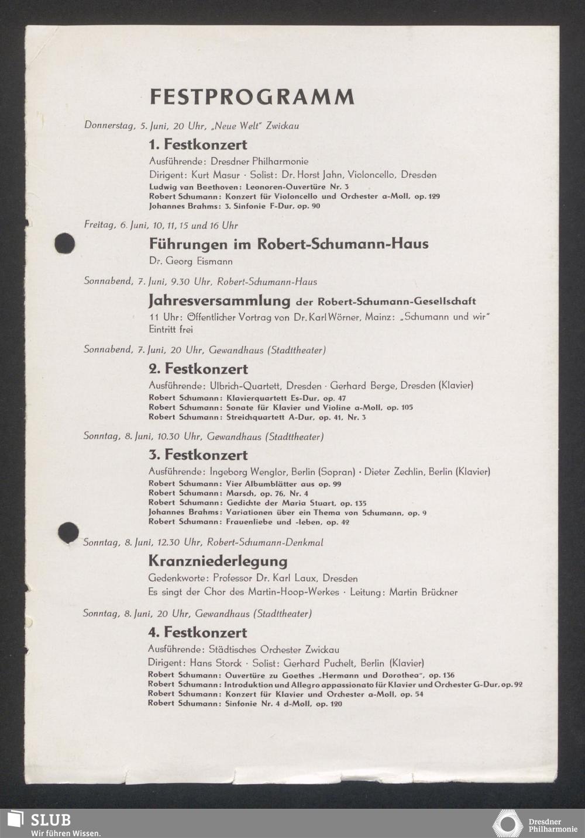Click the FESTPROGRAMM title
coord(252,96)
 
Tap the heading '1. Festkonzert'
coord(198,144)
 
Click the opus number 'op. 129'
coord(427,196)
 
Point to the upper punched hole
coord(64,243)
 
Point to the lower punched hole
coord(68,532)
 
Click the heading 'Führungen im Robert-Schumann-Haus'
coord(288,244)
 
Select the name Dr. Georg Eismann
coord(191,261)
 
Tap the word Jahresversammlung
coord(219,301)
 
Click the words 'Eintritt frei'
coord(171,329)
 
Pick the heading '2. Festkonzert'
coord(198,369)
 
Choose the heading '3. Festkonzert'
coord(198,455)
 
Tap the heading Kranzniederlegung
coord(218,561)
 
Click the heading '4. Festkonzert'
coord(197,632)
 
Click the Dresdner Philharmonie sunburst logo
coord(508,823)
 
